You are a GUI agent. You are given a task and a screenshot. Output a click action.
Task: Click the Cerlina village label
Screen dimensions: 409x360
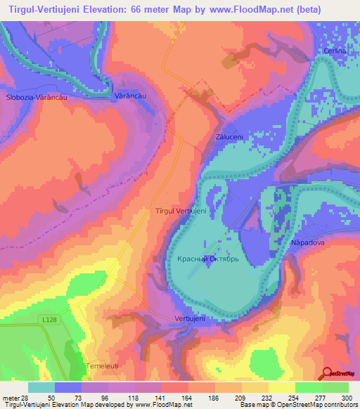point(335,51)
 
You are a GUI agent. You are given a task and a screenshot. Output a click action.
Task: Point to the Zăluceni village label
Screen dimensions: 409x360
point(229,137)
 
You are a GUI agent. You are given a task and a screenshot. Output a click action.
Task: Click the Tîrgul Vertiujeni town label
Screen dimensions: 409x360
point(180,211)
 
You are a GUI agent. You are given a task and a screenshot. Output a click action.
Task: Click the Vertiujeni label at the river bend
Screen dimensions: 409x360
point(189,319)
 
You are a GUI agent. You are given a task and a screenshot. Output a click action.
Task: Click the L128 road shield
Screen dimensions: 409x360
point(47,320)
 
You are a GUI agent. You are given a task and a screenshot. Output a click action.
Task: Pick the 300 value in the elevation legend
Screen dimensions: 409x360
point(342,397)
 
